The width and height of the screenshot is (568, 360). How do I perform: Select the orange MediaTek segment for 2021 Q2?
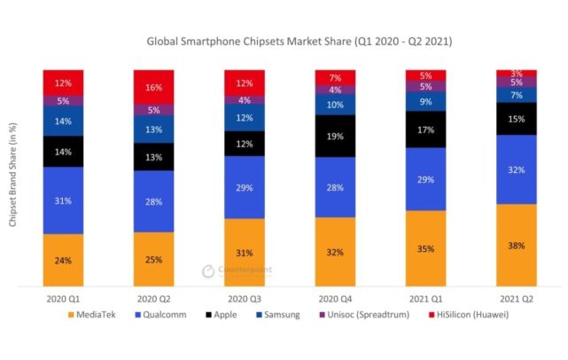click(517, 245)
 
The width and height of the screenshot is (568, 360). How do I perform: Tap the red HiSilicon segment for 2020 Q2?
click(153, 87)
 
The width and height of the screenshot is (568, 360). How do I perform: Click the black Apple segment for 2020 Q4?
click(335, 136)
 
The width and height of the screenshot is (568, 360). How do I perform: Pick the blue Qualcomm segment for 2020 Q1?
click(63, 200)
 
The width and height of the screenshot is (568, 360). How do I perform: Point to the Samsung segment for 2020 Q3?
click(245, 119)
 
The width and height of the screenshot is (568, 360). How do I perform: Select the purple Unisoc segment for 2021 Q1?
click(426, 87)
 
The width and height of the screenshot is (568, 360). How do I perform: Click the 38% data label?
click(517, 245)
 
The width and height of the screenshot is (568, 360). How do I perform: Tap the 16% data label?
click(154, 88)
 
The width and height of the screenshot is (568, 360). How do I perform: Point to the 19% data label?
click(336, 136)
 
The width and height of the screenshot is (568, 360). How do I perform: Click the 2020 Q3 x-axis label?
click(245, 299)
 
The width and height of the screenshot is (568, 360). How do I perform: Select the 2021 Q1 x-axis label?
click(426, 299)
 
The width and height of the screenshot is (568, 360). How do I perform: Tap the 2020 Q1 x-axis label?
click(63, 299)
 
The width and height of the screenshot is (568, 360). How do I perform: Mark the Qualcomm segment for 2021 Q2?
click(517, 168)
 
